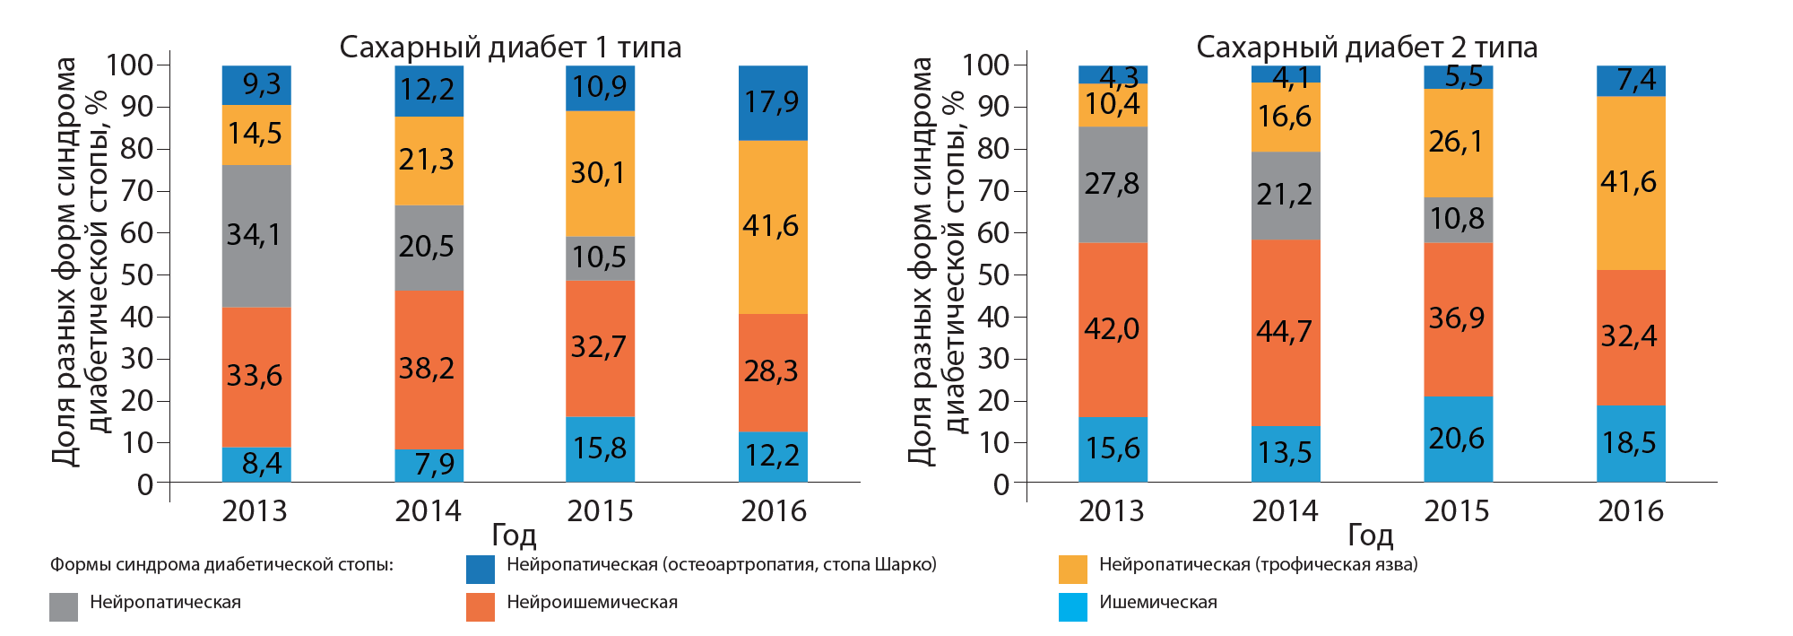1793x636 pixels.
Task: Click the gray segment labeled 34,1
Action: click(x=256, y=235)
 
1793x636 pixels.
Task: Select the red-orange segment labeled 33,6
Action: click(x=256, y=376)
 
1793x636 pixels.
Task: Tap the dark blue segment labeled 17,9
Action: click(x=772, y=102)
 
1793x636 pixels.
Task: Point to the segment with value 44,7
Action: click(x=1285, y=332)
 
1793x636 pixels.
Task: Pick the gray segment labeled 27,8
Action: click(x=1112, y=184)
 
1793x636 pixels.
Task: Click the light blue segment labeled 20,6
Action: click(x=1457, y=439)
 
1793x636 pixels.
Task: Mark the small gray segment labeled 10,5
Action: click(x=599, y=257)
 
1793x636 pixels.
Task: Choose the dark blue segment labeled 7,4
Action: click(x=1631, y=81)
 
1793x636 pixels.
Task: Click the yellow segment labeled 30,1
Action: click(x=599, y=172)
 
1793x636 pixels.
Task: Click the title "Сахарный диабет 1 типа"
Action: click(x=510, y=47)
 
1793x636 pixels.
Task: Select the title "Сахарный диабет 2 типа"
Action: click(x=1366, y=47)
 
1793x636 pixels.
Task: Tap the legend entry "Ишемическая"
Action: click(x=1157, y=603)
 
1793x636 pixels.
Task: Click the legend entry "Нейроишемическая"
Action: click(x=592, y=603)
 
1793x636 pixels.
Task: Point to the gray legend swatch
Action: click(x=64, y=606)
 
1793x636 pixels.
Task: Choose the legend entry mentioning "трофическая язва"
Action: click(x=1258, y=565)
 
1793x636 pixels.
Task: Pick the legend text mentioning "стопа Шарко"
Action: click(x=721, y=565)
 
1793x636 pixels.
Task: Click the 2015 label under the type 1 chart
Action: click(x=600, y=511)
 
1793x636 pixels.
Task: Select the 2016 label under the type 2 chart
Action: click(x=1630, y=511)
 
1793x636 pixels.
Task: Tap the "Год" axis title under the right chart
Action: click(x=1370, y=536)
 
